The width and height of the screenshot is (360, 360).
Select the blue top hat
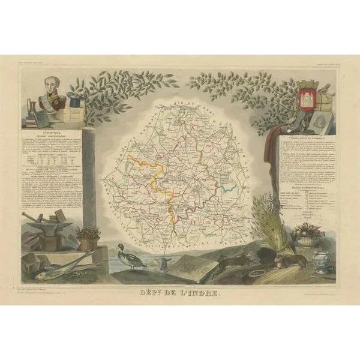74,100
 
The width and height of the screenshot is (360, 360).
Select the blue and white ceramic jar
323,260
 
